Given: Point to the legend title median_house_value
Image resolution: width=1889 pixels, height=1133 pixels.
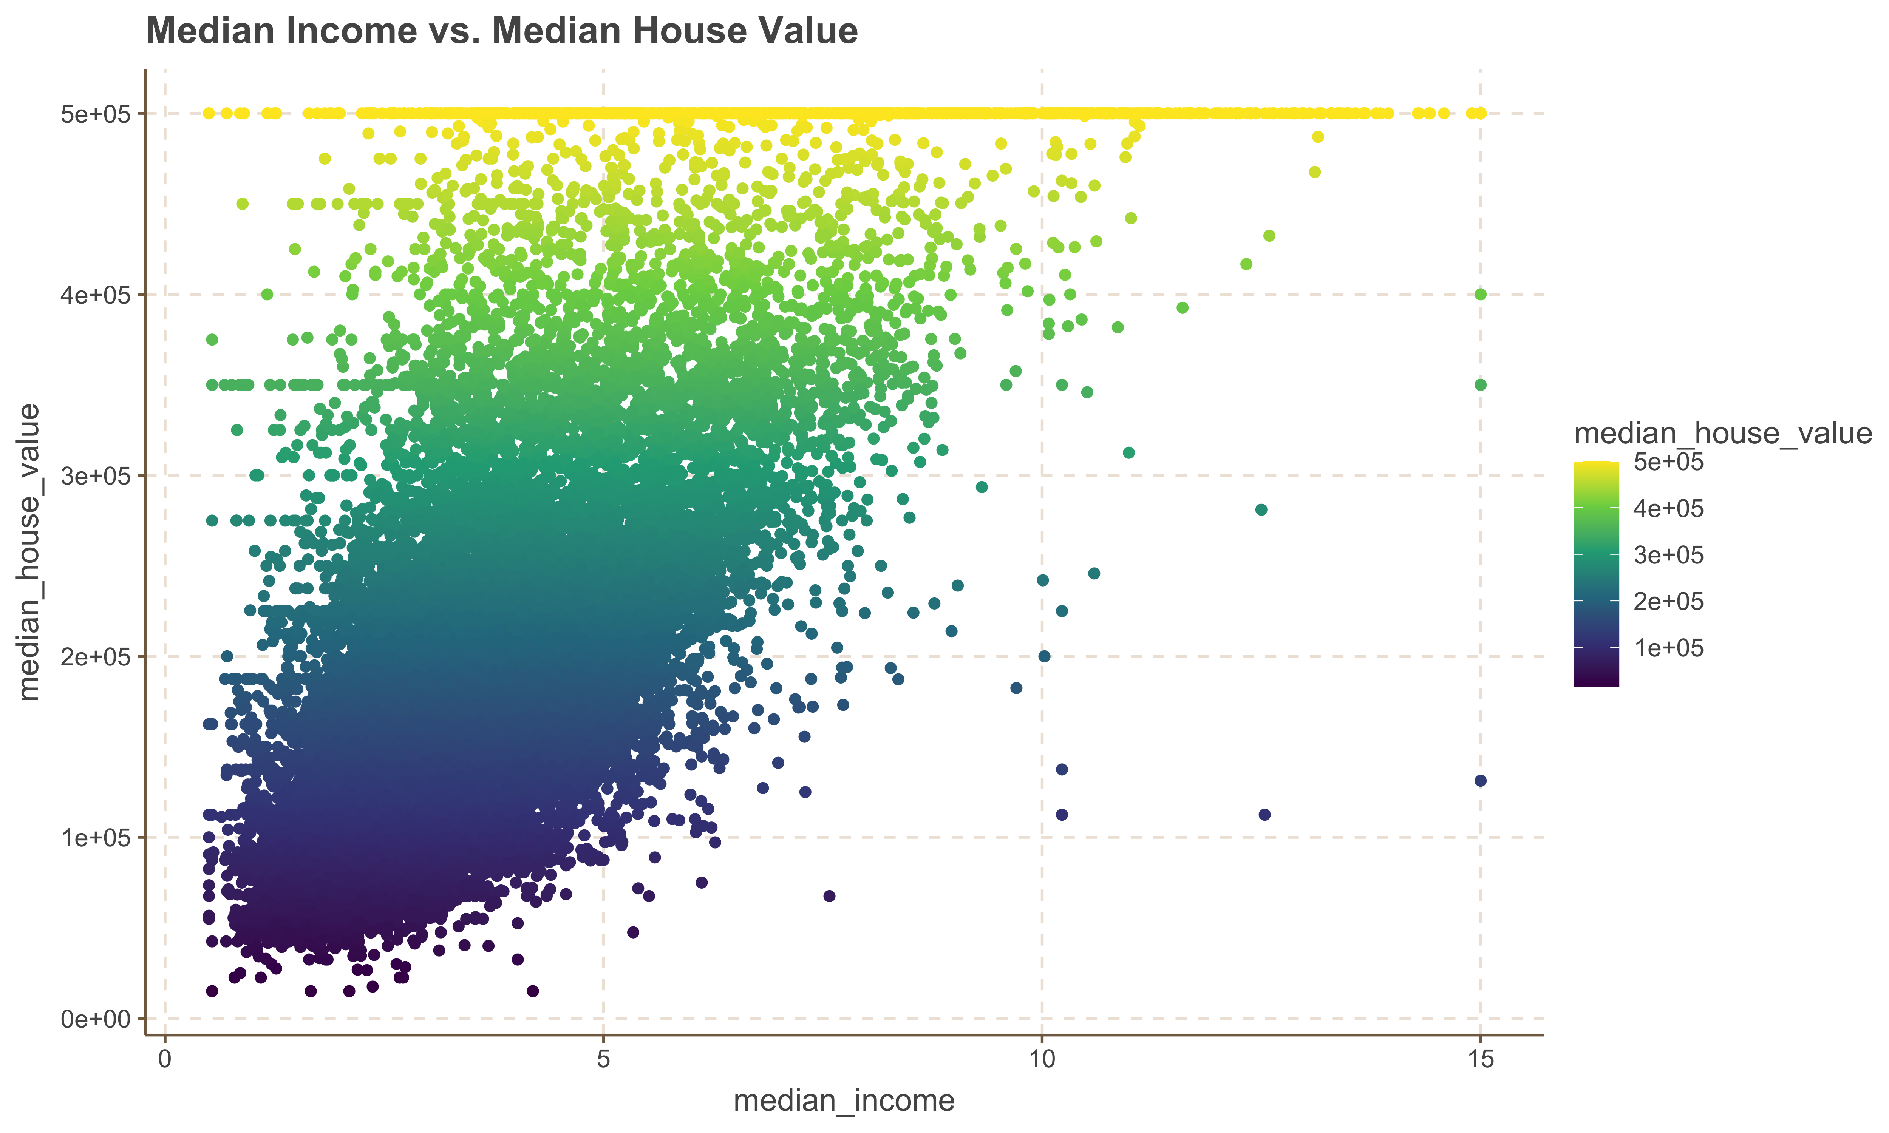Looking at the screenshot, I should (x=1722, y=434).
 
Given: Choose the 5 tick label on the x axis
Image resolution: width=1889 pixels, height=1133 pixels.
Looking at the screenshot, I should (x=603, y=1060).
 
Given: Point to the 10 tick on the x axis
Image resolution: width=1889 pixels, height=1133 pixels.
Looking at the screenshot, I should (x=1042, y=1060).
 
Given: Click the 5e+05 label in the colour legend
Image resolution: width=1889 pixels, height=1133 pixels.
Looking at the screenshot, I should (x=1668, y=462).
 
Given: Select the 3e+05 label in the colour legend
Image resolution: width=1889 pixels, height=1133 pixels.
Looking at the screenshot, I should (x=1668, y=555).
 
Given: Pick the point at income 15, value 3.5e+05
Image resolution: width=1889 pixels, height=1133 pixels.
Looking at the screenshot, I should (x=1481, y=385).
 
